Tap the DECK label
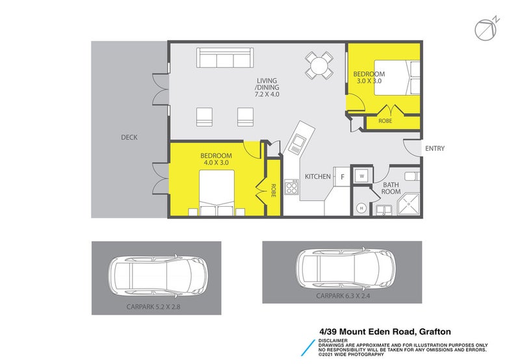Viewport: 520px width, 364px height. [129, 137]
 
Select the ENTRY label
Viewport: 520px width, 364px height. [435, 149]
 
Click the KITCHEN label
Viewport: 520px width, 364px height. [318, 176]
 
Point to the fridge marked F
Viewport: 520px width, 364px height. [342, 176]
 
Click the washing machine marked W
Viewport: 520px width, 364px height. [361, 175]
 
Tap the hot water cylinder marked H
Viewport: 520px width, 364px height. [361, 208]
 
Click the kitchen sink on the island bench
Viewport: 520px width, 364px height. [298, 142]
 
